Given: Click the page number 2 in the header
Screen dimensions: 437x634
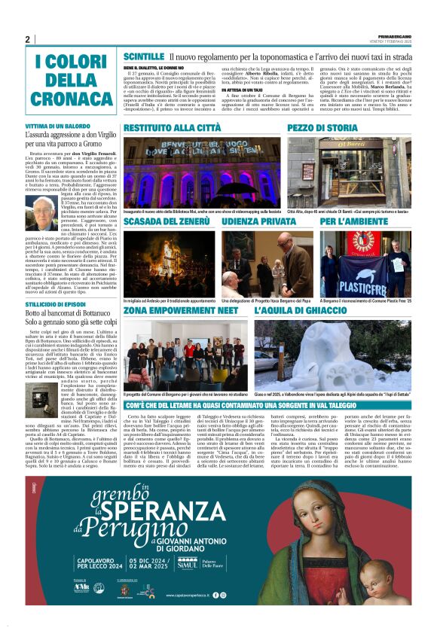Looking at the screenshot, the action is (x=27, y=39).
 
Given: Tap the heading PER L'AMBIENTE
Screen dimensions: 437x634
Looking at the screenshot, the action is (x=349, y=223).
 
